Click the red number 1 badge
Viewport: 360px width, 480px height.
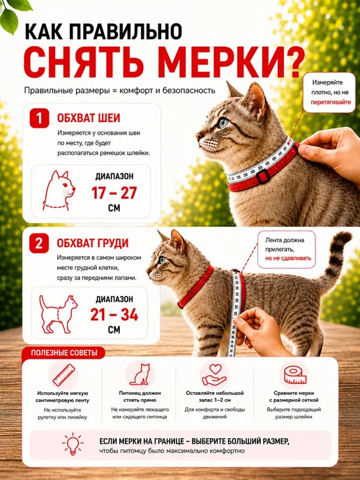click(x=39, y=118)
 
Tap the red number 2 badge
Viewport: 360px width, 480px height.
click(x=39, y=243)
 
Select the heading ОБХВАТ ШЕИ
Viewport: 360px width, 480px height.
click(x=89, y=118)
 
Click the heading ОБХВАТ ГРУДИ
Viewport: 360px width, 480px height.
click(x=93, y=243)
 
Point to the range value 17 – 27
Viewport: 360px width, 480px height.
click(x=114, y=193)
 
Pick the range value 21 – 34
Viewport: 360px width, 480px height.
click(x=114, y=315)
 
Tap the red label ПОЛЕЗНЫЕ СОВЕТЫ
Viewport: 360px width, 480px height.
click(x=64, y=352)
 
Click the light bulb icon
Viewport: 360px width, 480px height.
click(x=73, y=444)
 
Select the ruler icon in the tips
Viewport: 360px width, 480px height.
click(x=63, y=375)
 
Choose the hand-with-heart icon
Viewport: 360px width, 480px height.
click(x=214, y=375)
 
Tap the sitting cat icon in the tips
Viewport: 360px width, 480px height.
click(x=140, y=375)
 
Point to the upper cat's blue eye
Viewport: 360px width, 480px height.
click(x=223, y=123)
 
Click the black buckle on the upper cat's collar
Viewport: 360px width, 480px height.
click(x=262, y=176)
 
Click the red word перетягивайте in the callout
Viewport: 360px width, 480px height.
click(x=331, y=102)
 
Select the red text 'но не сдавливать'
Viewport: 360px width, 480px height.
click(x=288, y=258)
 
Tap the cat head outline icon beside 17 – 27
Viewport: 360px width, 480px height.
click(x=59, y=190)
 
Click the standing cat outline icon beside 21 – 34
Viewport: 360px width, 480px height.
click(x=58, y=314)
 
